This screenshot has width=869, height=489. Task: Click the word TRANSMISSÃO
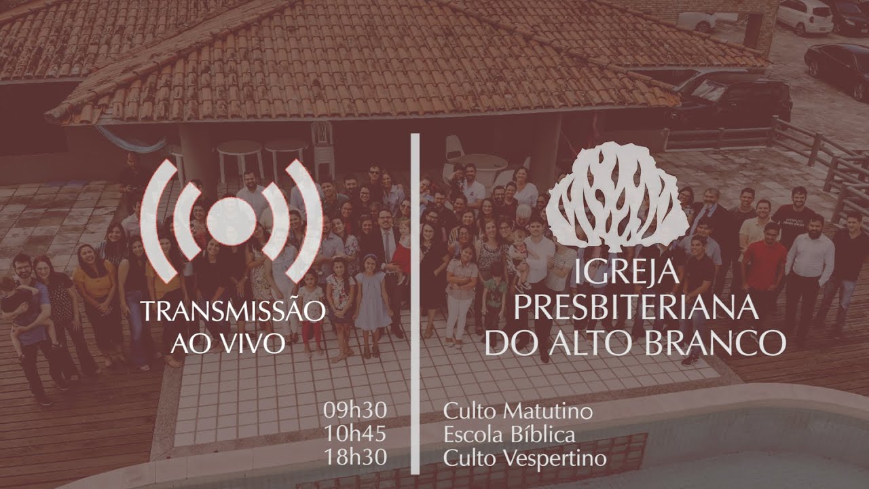click(x=233, y=312)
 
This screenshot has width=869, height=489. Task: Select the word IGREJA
click(x=626, y=273)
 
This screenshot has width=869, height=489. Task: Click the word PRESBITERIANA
click(x=635, y=308)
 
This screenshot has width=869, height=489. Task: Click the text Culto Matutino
click(x=517, y=411)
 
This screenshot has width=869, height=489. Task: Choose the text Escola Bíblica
click(x=509, y=434)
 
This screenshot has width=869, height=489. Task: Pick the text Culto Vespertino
click(x=525, y=457)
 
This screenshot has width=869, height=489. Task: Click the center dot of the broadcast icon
click(x=230, y=221)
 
